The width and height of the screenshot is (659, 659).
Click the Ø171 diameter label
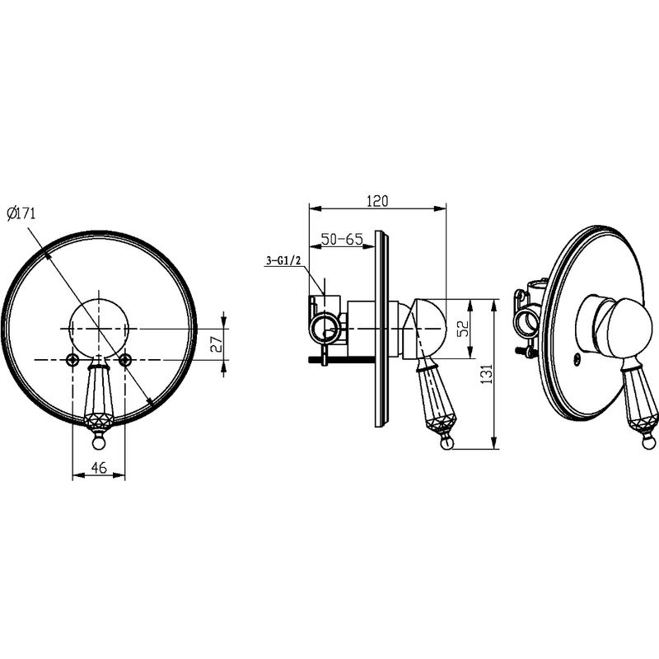coord(22,213)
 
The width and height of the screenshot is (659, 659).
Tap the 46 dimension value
coord(99,467)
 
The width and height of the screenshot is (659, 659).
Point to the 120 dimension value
coord(377,201)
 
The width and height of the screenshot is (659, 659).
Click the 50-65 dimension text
coord(342,239)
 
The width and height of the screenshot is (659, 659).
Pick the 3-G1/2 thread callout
coord(283,260)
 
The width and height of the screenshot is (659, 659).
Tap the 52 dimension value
coord(463,328)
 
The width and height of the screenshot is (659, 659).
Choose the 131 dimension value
coord(486,373)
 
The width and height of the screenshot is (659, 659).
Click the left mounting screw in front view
coord(73,359)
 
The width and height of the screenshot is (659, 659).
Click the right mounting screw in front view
coord(125,359)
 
